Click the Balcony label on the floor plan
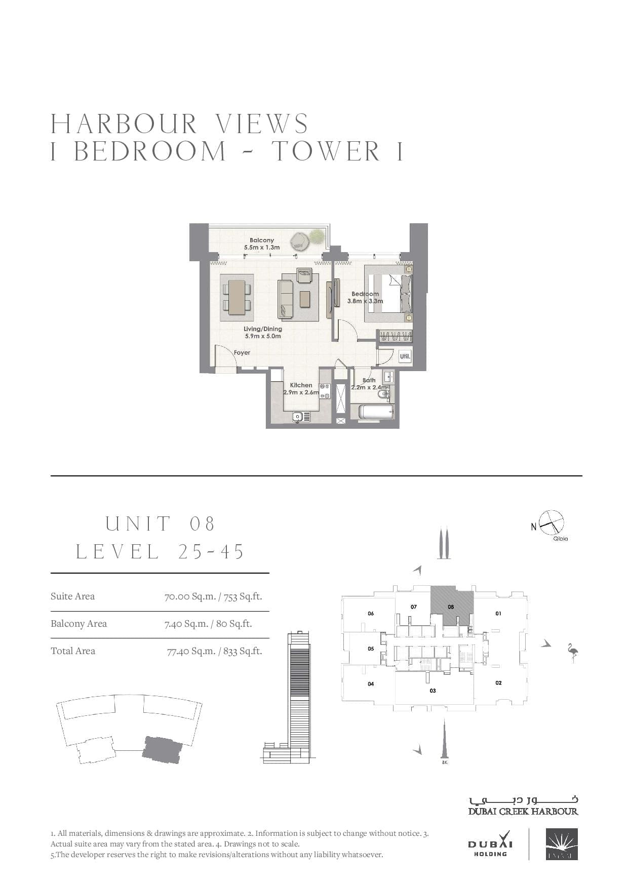tap(262, 240)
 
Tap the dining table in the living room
tap(237, 297)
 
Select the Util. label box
tap(405, 356)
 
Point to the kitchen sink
tap(299, 417)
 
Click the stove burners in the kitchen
tap(325, 392)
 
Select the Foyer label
tap(242, 353)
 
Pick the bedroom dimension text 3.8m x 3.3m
tap(365, 301)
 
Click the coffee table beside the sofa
tap(305, 299)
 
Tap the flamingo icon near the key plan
tap(572, 653)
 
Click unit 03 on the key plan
tap(433, 691)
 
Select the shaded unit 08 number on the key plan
tap(451, 607)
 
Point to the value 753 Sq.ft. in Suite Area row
tap(243, 596)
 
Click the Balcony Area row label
tap(78, 624)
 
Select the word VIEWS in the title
tap(262, 124)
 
